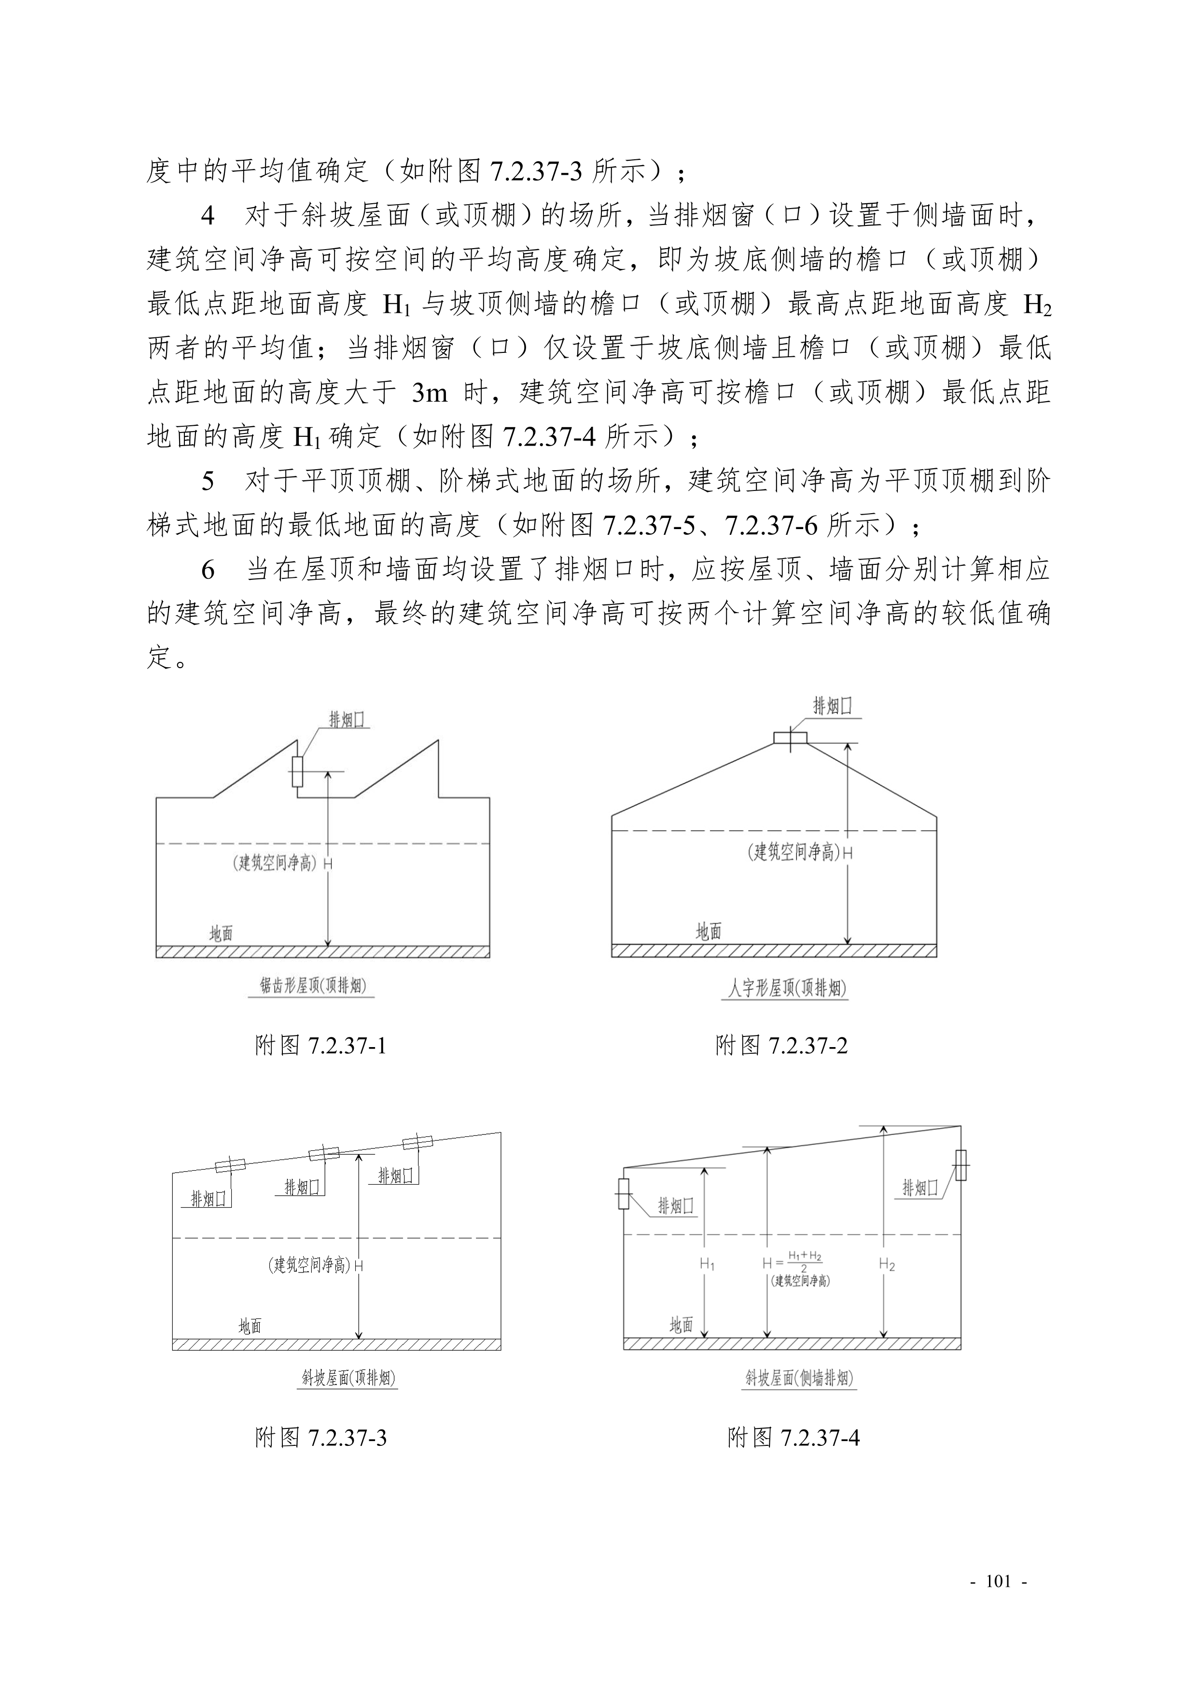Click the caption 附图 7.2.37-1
point(320,1046)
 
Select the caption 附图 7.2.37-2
point(781,1046)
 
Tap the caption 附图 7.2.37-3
point(320,1438)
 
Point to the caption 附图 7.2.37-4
point(793,1438)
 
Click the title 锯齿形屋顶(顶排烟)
point(313,986)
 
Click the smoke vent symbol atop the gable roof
point(790,738)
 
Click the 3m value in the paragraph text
point(430,393)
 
